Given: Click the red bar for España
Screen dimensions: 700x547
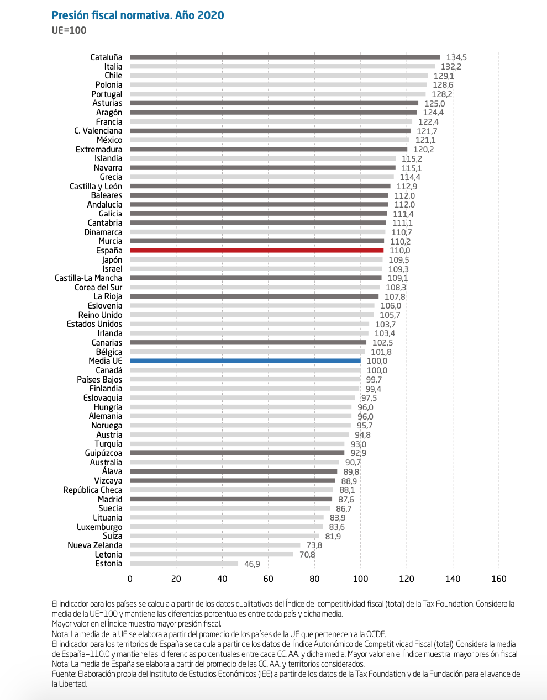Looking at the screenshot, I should click(x=256, y=251).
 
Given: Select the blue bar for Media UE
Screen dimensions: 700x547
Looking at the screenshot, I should click(x=245, y=361).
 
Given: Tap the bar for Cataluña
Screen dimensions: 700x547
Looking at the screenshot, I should click(x=285, y=57).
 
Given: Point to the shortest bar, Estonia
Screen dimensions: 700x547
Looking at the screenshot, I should click(x=184, y=564).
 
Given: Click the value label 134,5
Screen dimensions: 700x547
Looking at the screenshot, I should click(x=456, y=57).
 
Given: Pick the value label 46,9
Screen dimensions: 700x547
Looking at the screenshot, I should click(x=252, y=564).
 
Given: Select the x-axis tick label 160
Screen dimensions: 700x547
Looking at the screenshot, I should click(x=498, y=579).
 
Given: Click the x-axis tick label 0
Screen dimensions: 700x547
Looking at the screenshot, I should click(x=130, y=579).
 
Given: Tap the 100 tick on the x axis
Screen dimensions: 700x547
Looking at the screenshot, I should click(x=360, y=579).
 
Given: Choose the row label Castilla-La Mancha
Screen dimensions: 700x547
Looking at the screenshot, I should click(x=88, y=278).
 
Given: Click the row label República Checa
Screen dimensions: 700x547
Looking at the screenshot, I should click(x=93, y=490).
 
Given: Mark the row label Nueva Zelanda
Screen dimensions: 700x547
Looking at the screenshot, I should click(x=95, y=545).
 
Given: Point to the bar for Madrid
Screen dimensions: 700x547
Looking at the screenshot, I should click(x=231, y=499).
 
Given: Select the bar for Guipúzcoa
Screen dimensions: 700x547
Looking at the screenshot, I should click(x=237, y=453).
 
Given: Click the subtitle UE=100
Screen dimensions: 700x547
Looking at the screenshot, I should click(x=69, y=30).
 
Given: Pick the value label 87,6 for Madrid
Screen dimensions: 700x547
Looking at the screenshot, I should click(x=346, y=500).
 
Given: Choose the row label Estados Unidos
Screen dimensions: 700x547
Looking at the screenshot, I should click(x=94, y=324).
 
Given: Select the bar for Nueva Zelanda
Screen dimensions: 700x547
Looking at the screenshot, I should click(x=215, y=545).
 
